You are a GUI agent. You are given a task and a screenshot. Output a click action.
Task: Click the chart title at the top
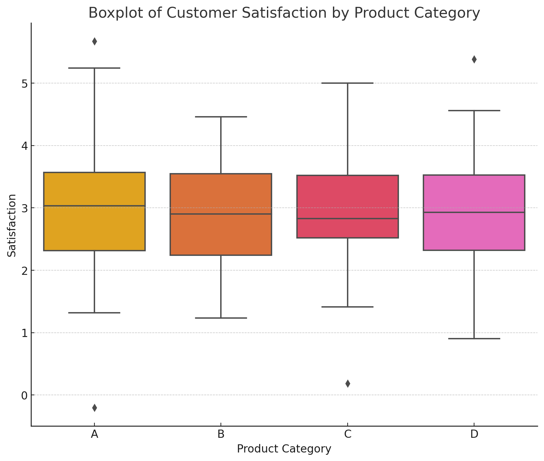[x=284, y=13]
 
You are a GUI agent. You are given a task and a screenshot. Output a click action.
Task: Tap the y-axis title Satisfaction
[x=12, y=225]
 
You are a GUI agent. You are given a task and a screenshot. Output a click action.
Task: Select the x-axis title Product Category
[x=284, y=449]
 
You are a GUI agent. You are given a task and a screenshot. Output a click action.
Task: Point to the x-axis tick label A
[x=94, y=434]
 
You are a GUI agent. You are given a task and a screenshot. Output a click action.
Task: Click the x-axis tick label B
[x=221, y=434]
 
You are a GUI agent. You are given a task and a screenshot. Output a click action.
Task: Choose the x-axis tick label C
[x=348, y=434]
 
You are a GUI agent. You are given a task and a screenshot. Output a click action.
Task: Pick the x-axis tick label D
[x=474, y=434]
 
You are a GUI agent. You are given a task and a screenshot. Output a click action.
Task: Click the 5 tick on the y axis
[x=24, y=83]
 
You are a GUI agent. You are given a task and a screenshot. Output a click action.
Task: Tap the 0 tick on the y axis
[x=24, y=396]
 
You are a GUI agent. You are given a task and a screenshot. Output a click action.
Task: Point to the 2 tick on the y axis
[x=24, y=271]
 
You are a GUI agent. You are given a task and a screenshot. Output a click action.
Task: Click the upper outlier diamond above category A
[x=94, y=42]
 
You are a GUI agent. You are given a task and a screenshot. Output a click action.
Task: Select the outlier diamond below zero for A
[x=94, y=408]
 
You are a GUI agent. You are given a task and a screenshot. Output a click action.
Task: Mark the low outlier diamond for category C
[x=348, y=383]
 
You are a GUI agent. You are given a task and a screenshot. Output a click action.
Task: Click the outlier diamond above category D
[x=474, y=60]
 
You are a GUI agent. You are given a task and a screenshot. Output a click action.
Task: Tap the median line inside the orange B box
[x=221, y=214]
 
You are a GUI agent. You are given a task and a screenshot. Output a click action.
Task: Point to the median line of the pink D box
[x=474, y=212]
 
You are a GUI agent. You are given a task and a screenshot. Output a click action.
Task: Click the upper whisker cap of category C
[x=348, y=83]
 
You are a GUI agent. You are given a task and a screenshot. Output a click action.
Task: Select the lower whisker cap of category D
[x=474, y=339]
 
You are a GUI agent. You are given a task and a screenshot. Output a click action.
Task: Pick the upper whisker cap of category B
[x=221, y=117]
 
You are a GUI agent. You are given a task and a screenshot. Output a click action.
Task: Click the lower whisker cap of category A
[x=94, y=313]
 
